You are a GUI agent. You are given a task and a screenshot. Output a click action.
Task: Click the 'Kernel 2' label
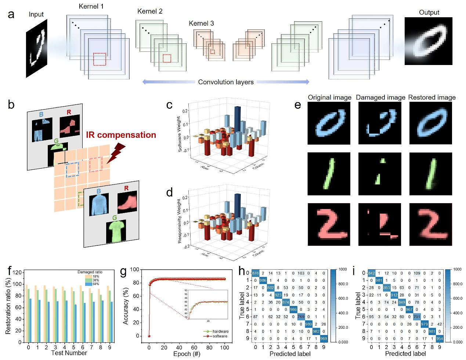click(x=150, y=11)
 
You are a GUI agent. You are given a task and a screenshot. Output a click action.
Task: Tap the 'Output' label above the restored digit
click(x=429, y=12)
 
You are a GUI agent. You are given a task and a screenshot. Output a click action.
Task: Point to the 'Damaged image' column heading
click(x=380, y=97)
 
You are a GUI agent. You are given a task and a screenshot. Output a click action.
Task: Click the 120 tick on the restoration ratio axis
click(x=16, y=273)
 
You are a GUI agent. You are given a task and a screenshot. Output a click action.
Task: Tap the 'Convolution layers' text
click(x=225, y=82)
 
